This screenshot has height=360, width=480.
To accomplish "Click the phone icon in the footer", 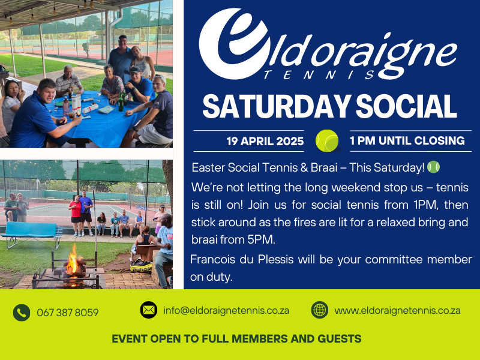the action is [22, 313].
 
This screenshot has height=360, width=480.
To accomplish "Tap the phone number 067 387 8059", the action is [68, 313].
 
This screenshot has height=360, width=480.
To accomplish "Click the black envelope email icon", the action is [149, 310].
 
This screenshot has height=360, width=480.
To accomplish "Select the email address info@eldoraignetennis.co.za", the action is [226, 310].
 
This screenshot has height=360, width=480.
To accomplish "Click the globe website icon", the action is [320, 310].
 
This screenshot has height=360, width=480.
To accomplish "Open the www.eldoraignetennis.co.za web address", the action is [397, 310].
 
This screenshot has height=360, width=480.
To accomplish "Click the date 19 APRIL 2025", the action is [265, 141].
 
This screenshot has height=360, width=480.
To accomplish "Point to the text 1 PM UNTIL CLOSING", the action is [407, 140].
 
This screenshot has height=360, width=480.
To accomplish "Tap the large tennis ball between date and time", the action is [327, 141].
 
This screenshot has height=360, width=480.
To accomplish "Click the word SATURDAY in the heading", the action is [276, 106].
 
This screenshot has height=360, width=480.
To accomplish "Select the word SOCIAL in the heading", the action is [406, 106].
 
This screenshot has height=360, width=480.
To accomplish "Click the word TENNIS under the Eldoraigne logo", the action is [319, 74].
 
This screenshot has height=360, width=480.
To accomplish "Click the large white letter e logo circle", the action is [233, 43].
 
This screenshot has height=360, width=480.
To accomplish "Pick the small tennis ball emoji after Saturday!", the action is [433, 167].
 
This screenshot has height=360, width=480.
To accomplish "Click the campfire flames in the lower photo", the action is [73, 261].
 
